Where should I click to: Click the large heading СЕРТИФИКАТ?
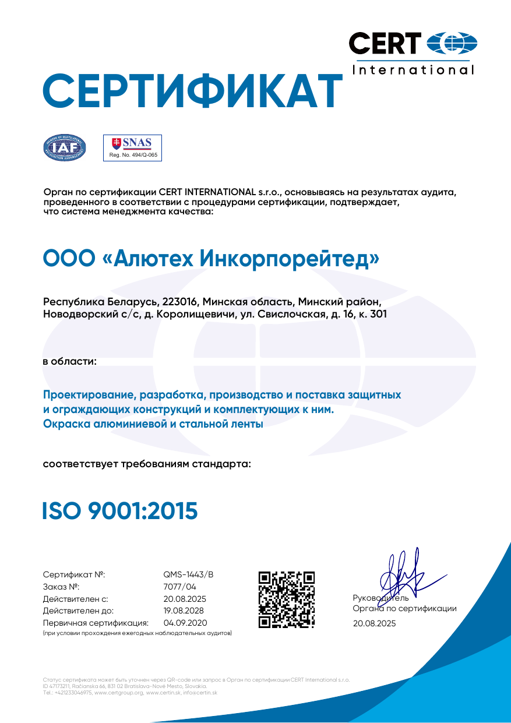point(192,90)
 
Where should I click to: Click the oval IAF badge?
point(65,147)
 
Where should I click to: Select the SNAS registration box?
point(132,147)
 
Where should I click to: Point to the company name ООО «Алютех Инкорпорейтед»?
point(211,258)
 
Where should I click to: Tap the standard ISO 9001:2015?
point(120,510)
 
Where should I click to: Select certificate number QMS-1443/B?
point(189,574)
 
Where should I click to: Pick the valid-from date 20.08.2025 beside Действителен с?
point(185,599)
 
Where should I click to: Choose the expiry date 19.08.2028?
point(184,611)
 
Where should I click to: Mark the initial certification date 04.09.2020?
point(185,623)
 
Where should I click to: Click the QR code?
point(287,599)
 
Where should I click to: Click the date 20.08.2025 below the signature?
point(374,623)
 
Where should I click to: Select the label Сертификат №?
point(74,574)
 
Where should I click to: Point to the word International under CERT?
point(414,70)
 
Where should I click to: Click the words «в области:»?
point(70,361)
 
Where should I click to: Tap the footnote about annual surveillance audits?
point(138,633)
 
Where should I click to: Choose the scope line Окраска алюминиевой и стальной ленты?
point(153,424)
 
